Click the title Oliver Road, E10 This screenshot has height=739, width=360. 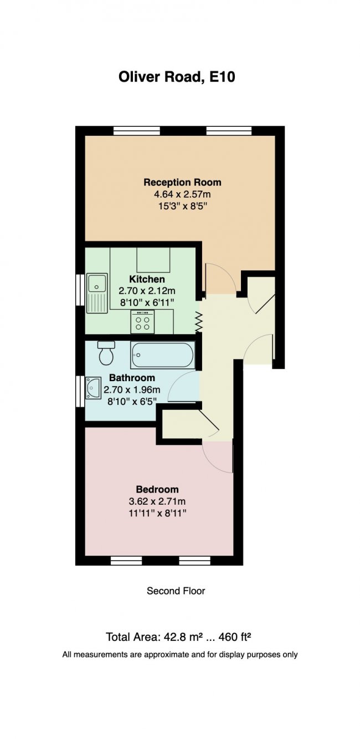177,77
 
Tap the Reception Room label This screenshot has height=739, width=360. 182,182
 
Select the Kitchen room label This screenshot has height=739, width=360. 147,279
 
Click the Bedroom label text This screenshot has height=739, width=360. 157,489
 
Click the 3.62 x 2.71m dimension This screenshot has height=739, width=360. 157,501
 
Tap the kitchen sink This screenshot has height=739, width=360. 97,292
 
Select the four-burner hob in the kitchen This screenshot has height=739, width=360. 142,322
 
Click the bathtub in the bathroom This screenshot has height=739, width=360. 163,355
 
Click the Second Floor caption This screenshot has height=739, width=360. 176,591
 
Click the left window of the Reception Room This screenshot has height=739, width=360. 136,131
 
